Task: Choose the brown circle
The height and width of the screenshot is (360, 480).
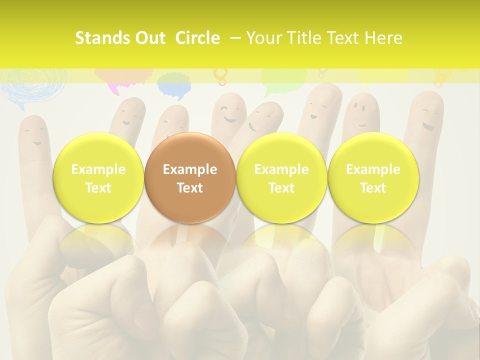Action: [190, 178]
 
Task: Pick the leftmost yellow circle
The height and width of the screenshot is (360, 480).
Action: [98, 178]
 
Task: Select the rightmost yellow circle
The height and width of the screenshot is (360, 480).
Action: [373, 178]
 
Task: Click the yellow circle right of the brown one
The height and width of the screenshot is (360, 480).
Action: [281, 178]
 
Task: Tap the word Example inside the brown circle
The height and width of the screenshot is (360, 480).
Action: [190, 169]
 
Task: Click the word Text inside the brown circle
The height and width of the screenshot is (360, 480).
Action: [190, 188]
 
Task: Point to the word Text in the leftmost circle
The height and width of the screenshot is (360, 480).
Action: [98, 188]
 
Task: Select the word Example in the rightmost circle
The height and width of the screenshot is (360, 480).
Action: [373, 169]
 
